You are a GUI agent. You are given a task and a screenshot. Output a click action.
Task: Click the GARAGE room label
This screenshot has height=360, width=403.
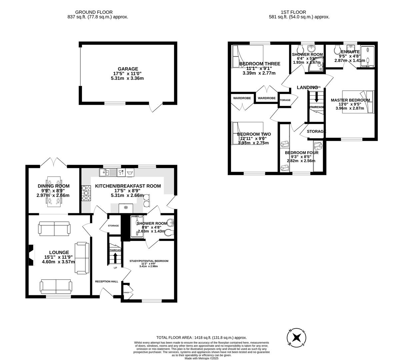[x=128, y=69]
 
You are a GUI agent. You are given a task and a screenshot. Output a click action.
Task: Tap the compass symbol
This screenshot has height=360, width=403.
[x=297, y=338]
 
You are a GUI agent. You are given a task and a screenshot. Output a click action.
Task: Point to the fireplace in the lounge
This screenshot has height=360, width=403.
[x=31, y=255]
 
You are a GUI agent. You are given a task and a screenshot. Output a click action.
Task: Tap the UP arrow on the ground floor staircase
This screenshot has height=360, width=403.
[x=115, y=258]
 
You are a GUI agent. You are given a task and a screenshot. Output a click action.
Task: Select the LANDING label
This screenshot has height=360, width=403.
[x=307, y=87]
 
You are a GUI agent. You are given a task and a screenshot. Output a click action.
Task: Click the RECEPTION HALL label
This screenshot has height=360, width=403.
[x=107, y=281]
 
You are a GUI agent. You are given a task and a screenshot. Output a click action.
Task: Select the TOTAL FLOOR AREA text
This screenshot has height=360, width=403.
[x=202, y=338]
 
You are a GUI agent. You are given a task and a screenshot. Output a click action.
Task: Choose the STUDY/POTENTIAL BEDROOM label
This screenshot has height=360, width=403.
[x=149, y=261]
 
